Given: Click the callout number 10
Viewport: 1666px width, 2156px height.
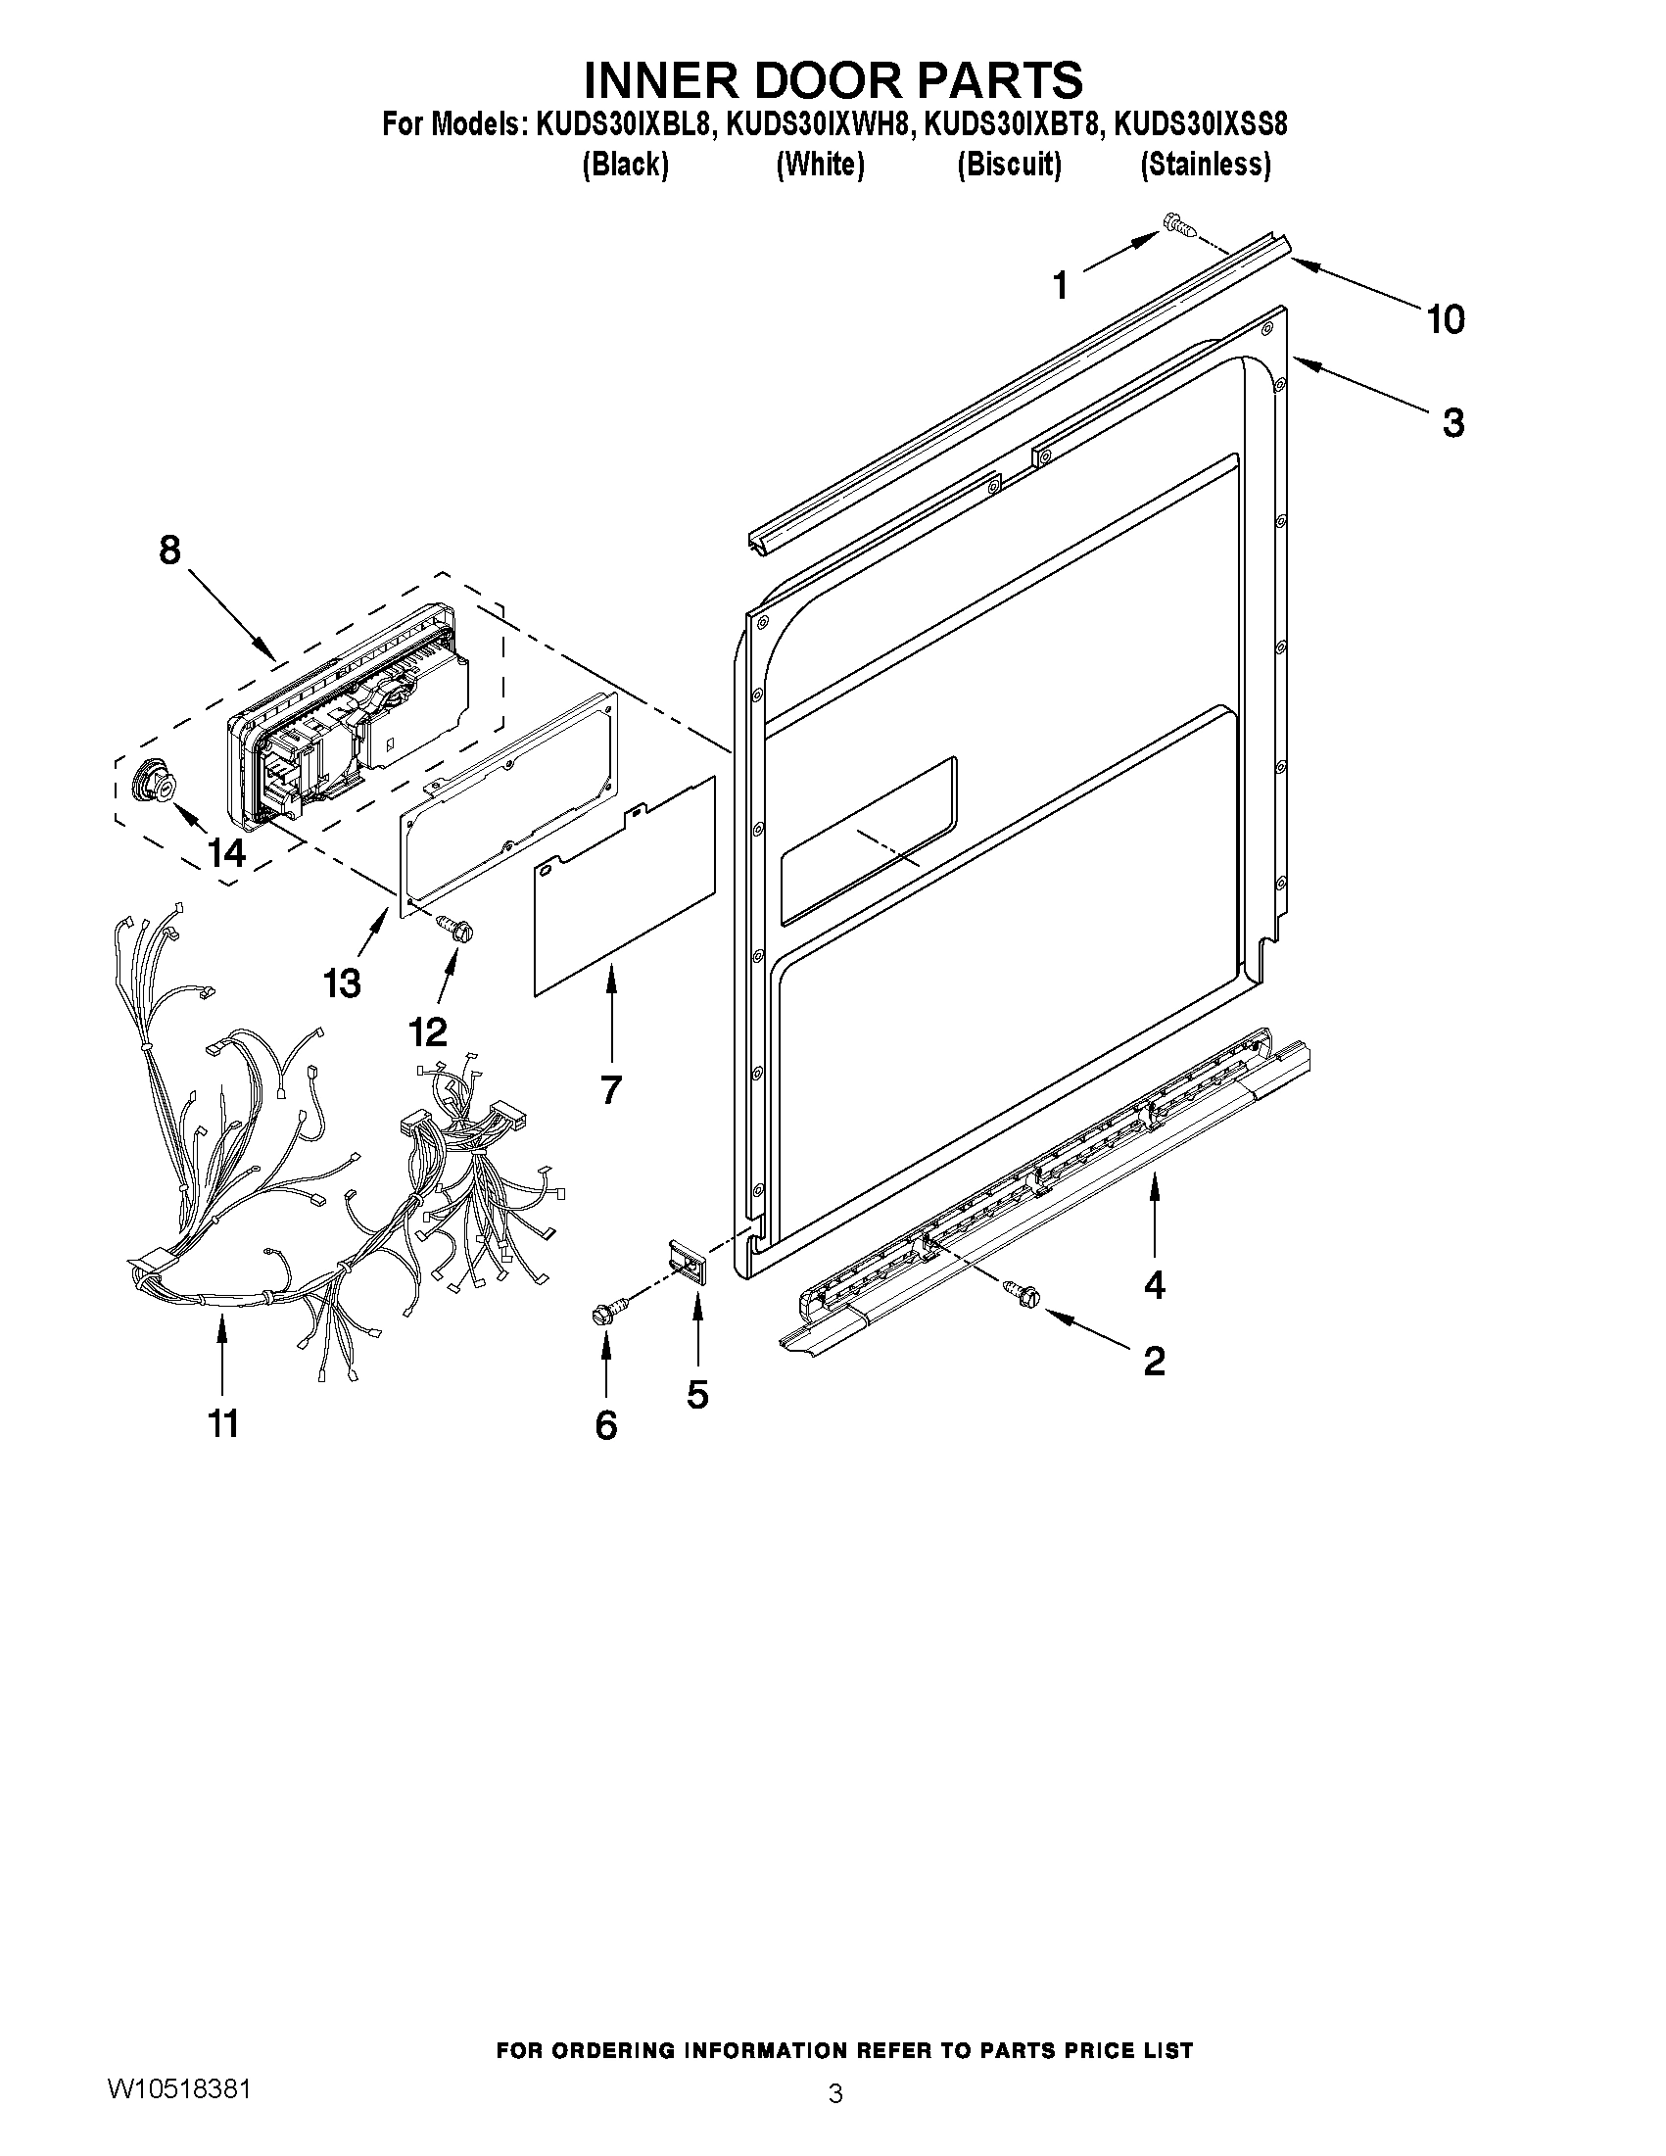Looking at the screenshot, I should click(x=1445, y=320).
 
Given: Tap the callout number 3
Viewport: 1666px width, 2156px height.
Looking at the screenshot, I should click(x=1452, y=423).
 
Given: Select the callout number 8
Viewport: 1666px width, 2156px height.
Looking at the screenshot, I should click(x=169, y=550).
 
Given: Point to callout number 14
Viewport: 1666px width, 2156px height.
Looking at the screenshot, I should click(x=226, y=852).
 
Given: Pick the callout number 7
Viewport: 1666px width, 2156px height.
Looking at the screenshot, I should click(x=611, y=1090).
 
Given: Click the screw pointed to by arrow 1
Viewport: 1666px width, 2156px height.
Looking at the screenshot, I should click(x=1179, y=224).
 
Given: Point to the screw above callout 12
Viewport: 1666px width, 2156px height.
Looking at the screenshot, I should click(x=455, y=926).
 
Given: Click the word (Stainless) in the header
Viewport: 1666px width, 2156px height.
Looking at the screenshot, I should click(x=1205, y=164).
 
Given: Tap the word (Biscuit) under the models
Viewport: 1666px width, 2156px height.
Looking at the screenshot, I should click(x=1009, y=164).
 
